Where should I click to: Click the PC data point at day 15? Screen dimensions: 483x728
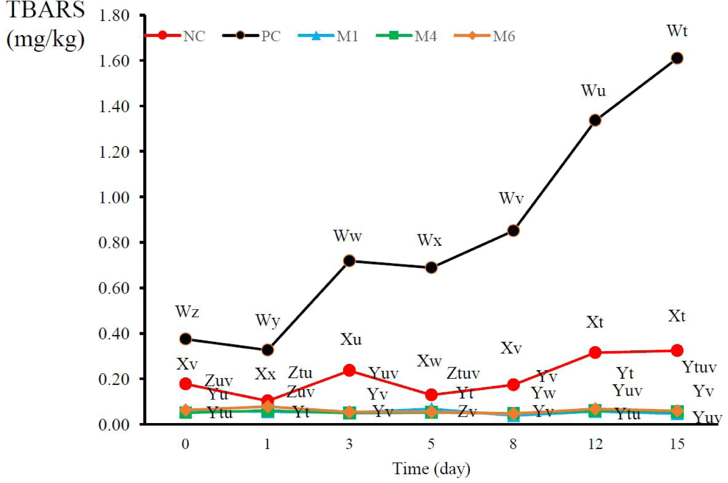[x=677, y=58]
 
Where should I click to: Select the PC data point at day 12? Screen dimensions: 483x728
[x=595, y=120]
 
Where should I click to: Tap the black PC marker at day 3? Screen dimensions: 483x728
[x=349, y=261]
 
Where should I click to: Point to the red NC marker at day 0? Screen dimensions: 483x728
[x=185, y=384]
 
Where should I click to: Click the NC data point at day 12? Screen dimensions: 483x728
[x=595, y=353]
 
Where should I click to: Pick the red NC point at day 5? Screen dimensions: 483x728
[x=431, y=395]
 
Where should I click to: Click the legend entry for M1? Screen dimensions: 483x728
[x=328, y=36]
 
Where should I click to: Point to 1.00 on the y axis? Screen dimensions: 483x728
[x=114, y=197]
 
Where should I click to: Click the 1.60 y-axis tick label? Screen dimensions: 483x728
[x=114, y=61]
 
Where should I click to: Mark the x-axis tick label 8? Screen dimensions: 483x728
[x=513, y=444]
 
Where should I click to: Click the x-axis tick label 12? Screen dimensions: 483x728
[x=595, y=444]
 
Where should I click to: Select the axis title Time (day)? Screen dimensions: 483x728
[x=431, y=469]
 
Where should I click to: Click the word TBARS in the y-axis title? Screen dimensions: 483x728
[x=45, y=11]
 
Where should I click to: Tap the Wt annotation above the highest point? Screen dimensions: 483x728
[x=677, y=31]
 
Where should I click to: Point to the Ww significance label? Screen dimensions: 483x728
[x=348, y=236]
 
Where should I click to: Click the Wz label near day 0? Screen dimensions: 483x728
[x=187, y=312]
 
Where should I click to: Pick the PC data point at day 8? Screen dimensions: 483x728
[x=513, y=231]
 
